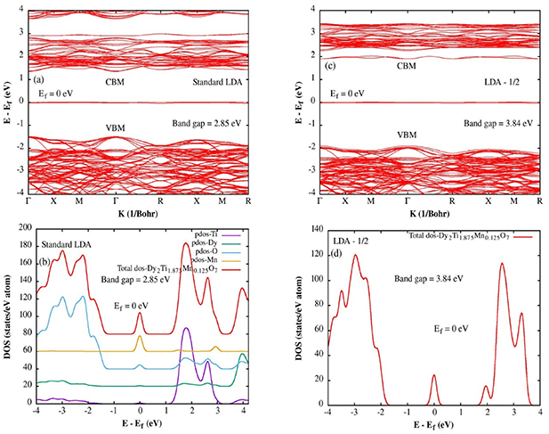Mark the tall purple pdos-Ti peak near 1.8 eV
[x=186, y=330]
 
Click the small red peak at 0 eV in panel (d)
[x=433, y=377]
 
